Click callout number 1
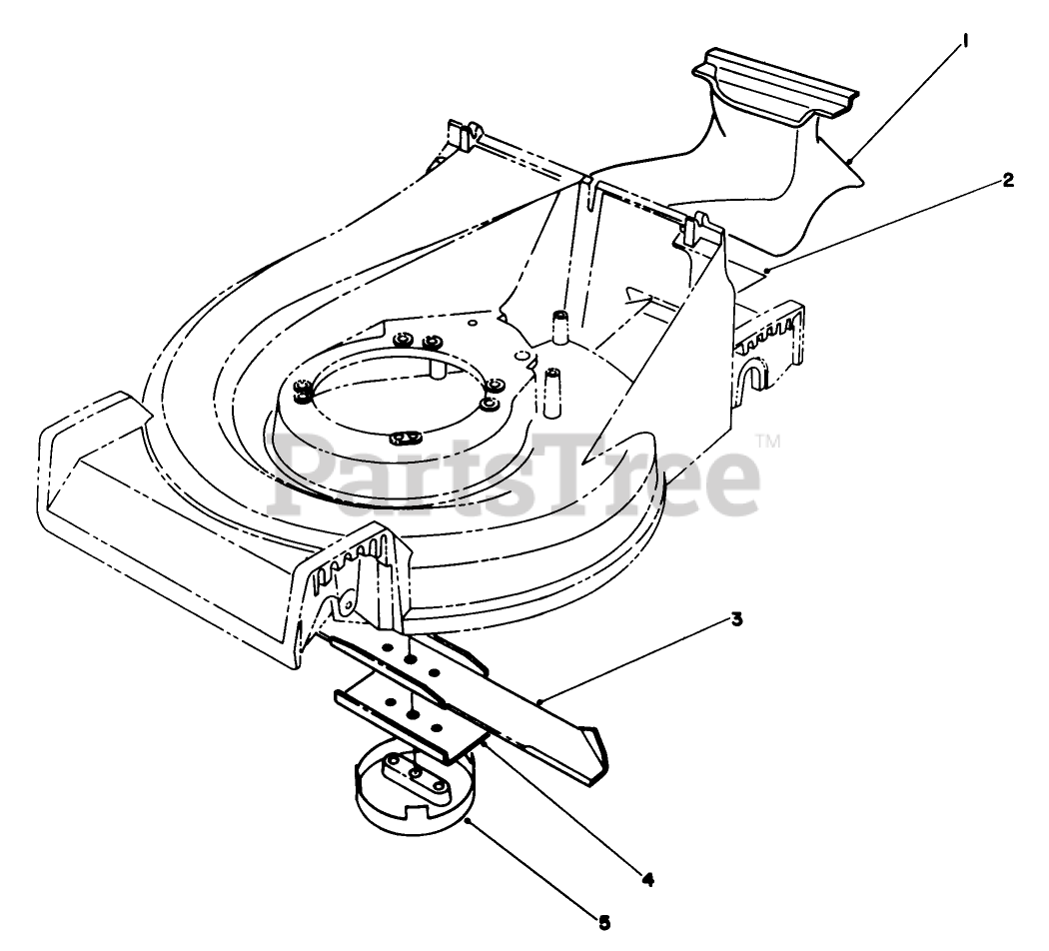(x=965, y=42)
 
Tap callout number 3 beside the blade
(x=735, y=619)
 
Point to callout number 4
(x=647, y=879)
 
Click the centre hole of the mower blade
(x=412, y=661)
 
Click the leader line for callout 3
(x=639, y=659)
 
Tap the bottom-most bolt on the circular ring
(x=403, y=438)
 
